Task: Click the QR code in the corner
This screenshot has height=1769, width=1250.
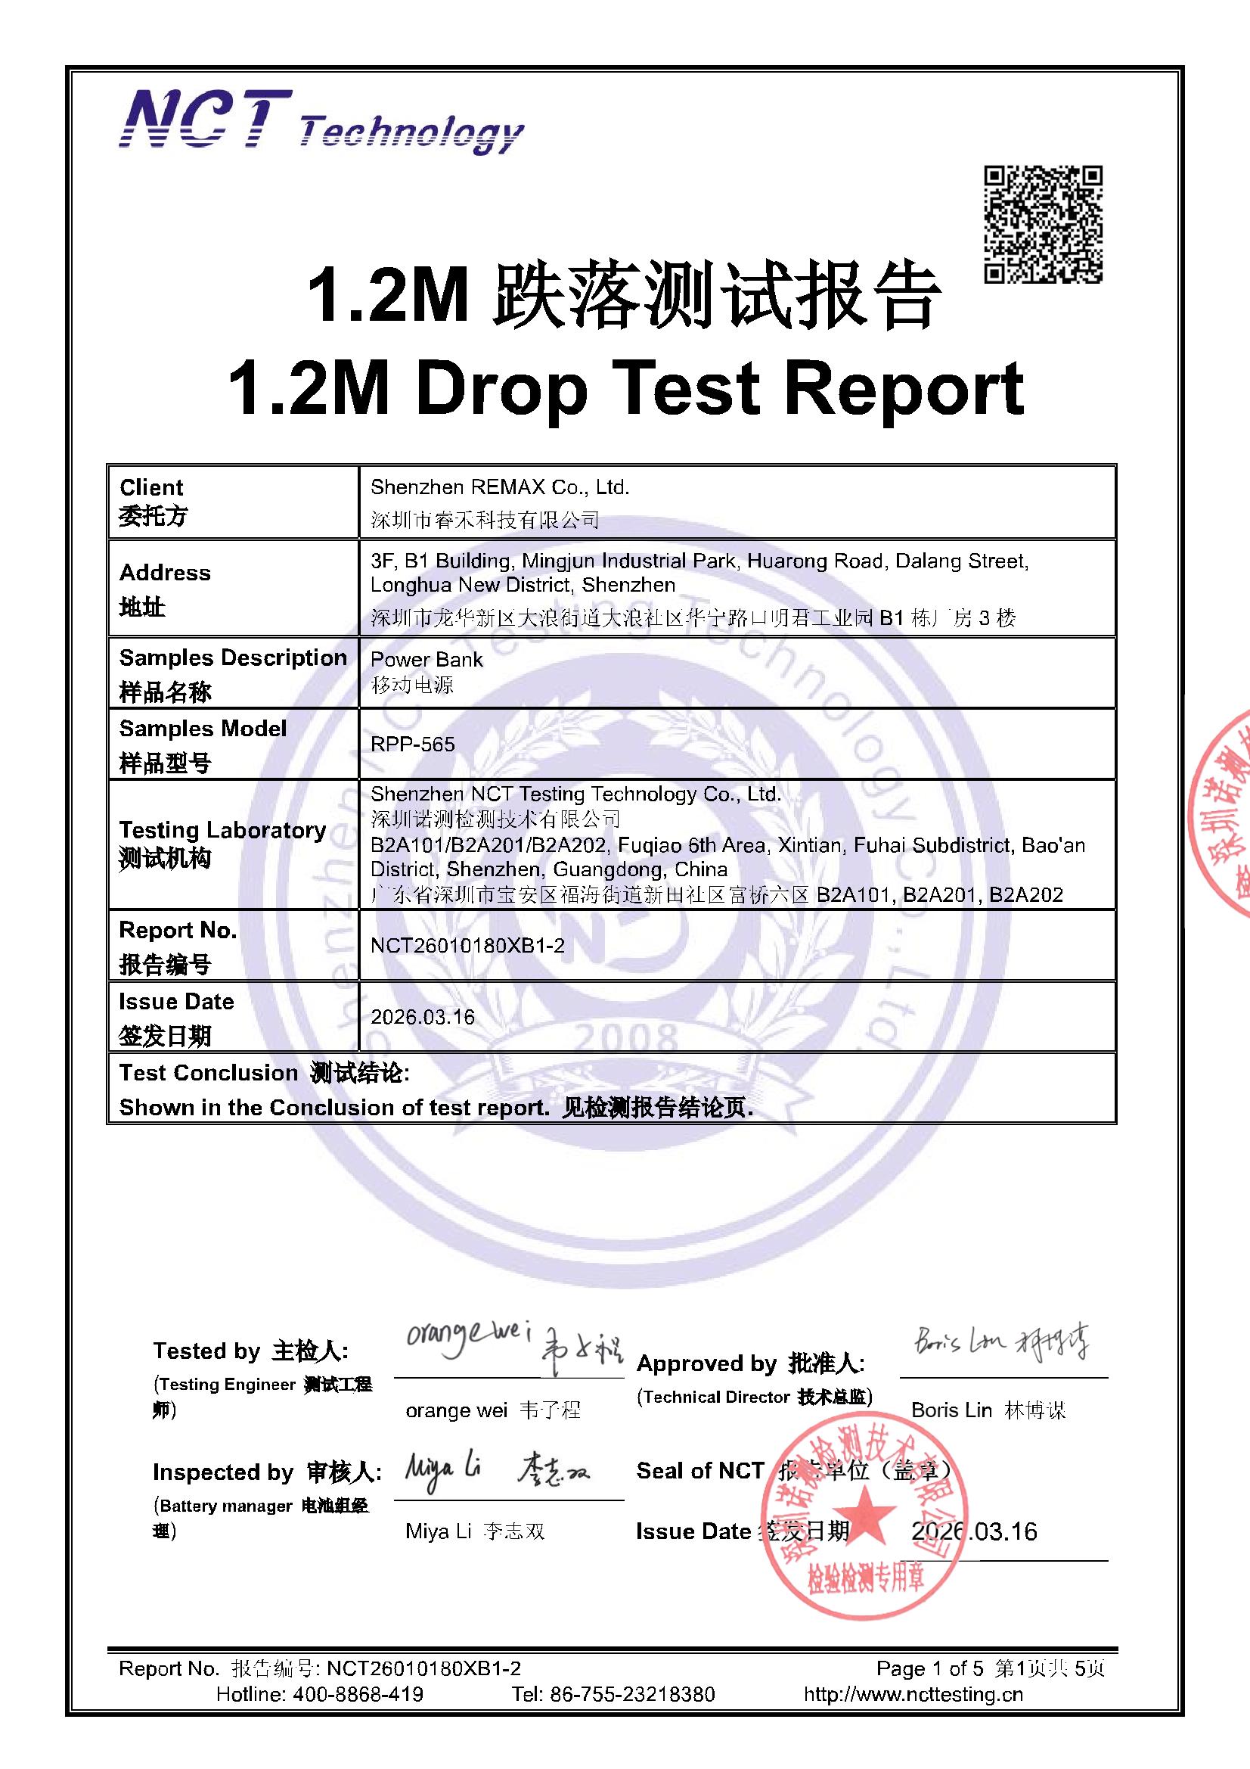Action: (x=1043, y=224)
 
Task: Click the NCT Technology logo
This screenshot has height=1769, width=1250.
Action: (x=321, y=122)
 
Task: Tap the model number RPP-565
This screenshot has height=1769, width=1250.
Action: (x=413, y=745)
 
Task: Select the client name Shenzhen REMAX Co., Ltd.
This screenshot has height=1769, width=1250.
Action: (x=500, y=487)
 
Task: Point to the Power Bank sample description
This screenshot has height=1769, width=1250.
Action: (x=426, y=660)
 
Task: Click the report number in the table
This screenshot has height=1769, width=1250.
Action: (x=467, y=945)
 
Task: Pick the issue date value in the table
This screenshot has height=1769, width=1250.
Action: (x=423, y=1017)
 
